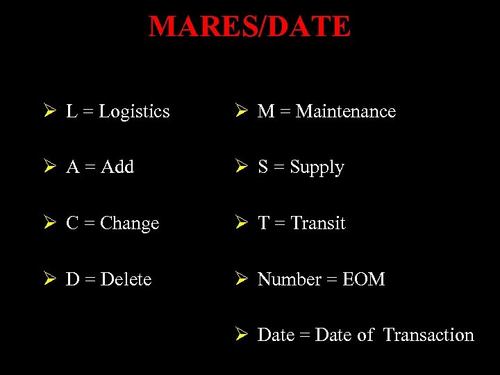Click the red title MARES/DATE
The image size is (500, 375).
coord(250,27)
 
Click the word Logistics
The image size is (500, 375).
coord(134,112)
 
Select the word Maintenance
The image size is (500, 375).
coord(346,112)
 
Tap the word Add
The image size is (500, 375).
coord(117,167)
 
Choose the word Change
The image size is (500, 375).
coord(130,224)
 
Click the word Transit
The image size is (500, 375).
coord(318,224)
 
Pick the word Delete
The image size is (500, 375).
coord(126,280)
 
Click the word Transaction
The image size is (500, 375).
coord(428,335)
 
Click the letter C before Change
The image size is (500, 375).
coord(72,224)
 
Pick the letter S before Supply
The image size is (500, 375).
coord(263,167)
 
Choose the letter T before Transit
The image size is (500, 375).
coord(264,224)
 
